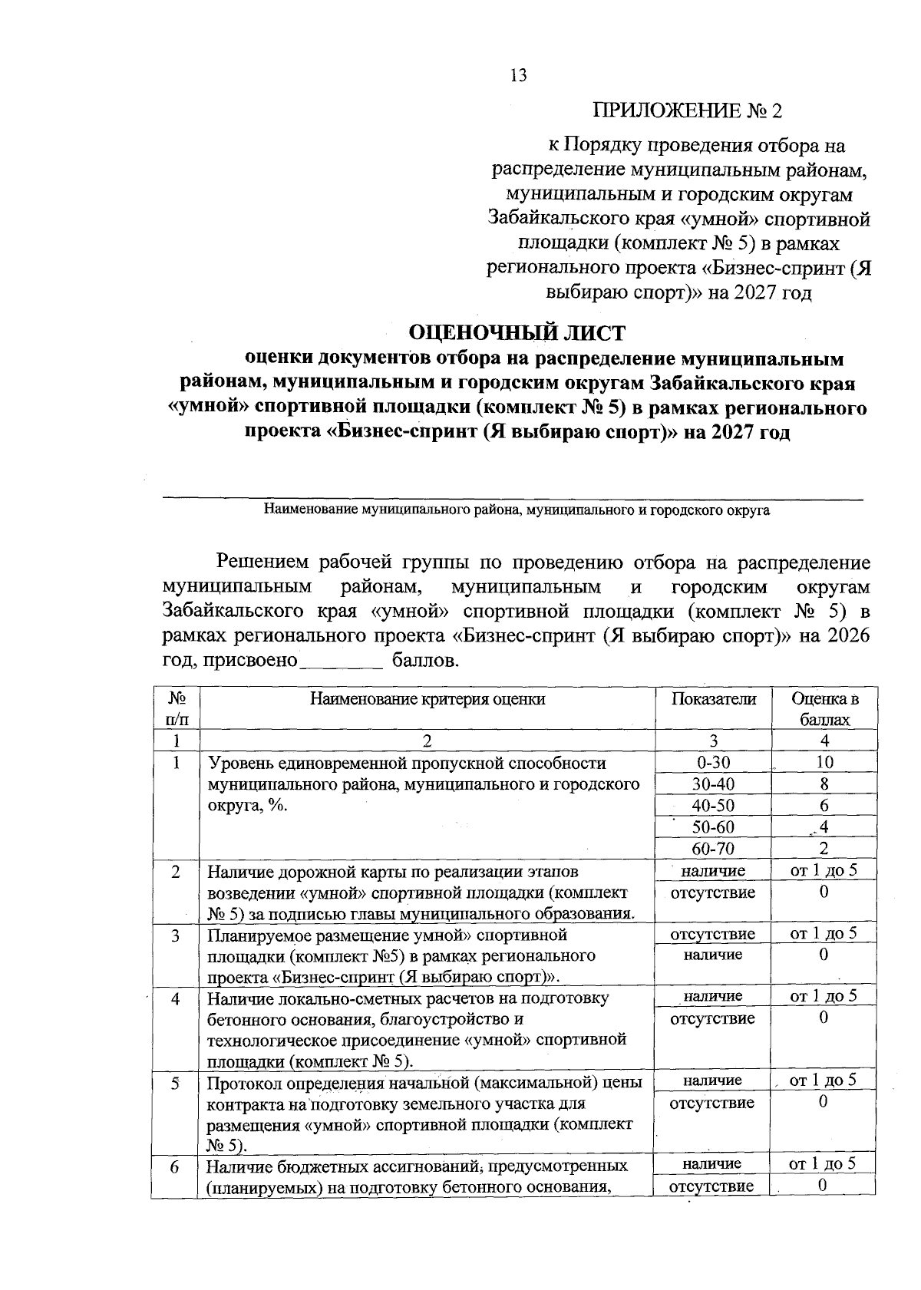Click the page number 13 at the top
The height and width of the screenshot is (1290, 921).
518,75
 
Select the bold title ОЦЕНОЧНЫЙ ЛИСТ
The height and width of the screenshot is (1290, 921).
517,332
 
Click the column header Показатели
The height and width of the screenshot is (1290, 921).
713,699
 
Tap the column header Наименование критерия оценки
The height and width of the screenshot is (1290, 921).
427,699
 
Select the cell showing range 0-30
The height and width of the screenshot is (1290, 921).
713,763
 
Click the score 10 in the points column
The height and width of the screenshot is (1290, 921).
824,763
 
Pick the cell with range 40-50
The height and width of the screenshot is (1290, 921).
713,806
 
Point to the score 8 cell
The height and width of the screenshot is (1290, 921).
824,784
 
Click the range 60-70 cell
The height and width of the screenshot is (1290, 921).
713,849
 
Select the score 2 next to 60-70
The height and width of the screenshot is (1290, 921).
824,849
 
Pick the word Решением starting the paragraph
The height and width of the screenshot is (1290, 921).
262,563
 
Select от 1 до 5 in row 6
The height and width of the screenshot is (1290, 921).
823,1164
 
